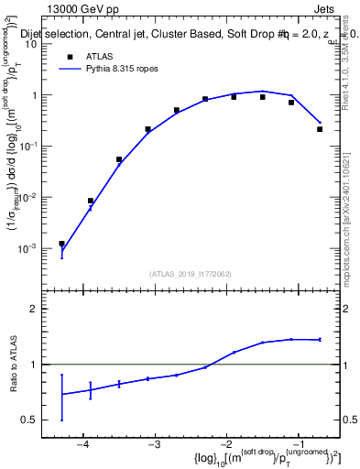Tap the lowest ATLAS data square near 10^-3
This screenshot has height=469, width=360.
(x=61, y=244)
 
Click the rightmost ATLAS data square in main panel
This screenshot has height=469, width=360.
(x=320, y=129)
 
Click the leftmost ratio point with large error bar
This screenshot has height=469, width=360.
(x=61, y=394)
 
